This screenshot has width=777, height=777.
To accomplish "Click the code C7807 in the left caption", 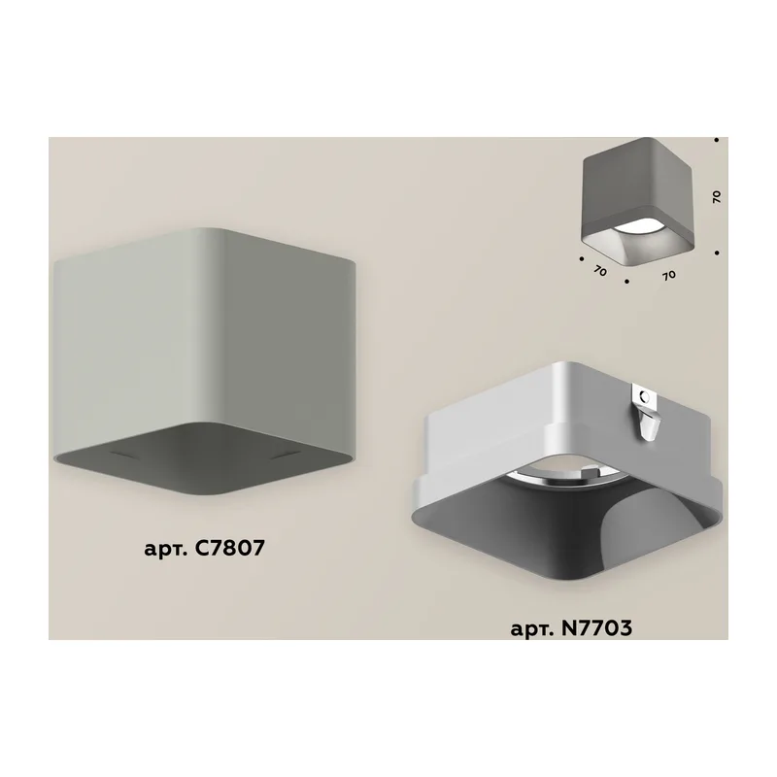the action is point(225,548).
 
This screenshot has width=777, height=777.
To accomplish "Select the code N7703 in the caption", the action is point(596,627).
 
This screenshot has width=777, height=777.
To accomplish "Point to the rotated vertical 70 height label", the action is point(716,197).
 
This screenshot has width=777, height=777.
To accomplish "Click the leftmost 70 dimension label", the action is point(599,271).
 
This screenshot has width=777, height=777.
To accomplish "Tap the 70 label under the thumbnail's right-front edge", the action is point(669,275).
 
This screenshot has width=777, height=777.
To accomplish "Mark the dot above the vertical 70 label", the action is point(717,140).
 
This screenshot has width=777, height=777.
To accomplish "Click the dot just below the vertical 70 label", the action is point(717,253).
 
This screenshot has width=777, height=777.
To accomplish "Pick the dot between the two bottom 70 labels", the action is point(626,282).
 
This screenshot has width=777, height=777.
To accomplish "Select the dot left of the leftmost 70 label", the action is point(581,258).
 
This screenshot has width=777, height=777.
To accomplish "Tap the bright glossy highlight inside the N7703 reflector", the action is point(626,525).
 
